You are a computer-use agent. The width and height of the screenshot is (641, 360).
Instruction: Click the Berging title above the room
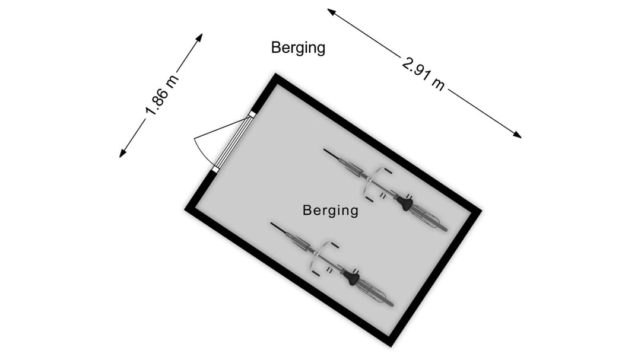298,48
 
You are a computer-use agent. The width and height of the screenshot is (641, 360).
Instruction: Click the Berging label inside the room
331,211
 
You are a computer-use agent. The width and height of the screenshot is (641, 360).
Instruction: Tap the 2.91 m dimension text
423,74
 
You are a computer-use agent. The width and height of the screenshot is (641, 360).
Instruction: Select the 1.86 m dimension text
162,95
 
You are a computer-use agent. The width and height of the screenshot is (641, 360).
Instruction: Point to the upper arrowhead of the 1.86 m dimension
200,37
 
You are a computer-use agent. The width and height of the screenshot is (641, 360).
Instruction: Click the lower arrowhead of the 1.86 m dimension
122,154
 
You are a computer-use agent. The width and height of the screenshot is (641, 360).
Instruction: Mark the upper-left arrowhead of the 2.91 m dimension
331,11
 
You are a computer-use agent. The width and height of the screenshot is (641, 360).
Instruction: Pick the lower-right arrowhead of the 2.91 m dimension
517,135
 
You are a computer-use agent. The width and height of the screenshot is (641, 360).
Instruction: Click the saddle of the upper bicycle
405,203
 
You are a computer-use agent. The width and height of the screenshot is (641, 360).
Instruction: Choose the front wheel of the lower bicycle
291,237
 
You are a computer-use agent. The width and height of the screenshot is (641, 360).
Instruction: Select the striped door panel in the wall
233,142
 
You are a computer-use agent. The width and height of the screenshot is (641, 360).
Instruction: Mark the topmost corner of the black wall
276,74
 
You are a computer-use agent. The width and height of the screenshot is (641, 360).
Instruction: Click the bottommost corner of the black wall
391,346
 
